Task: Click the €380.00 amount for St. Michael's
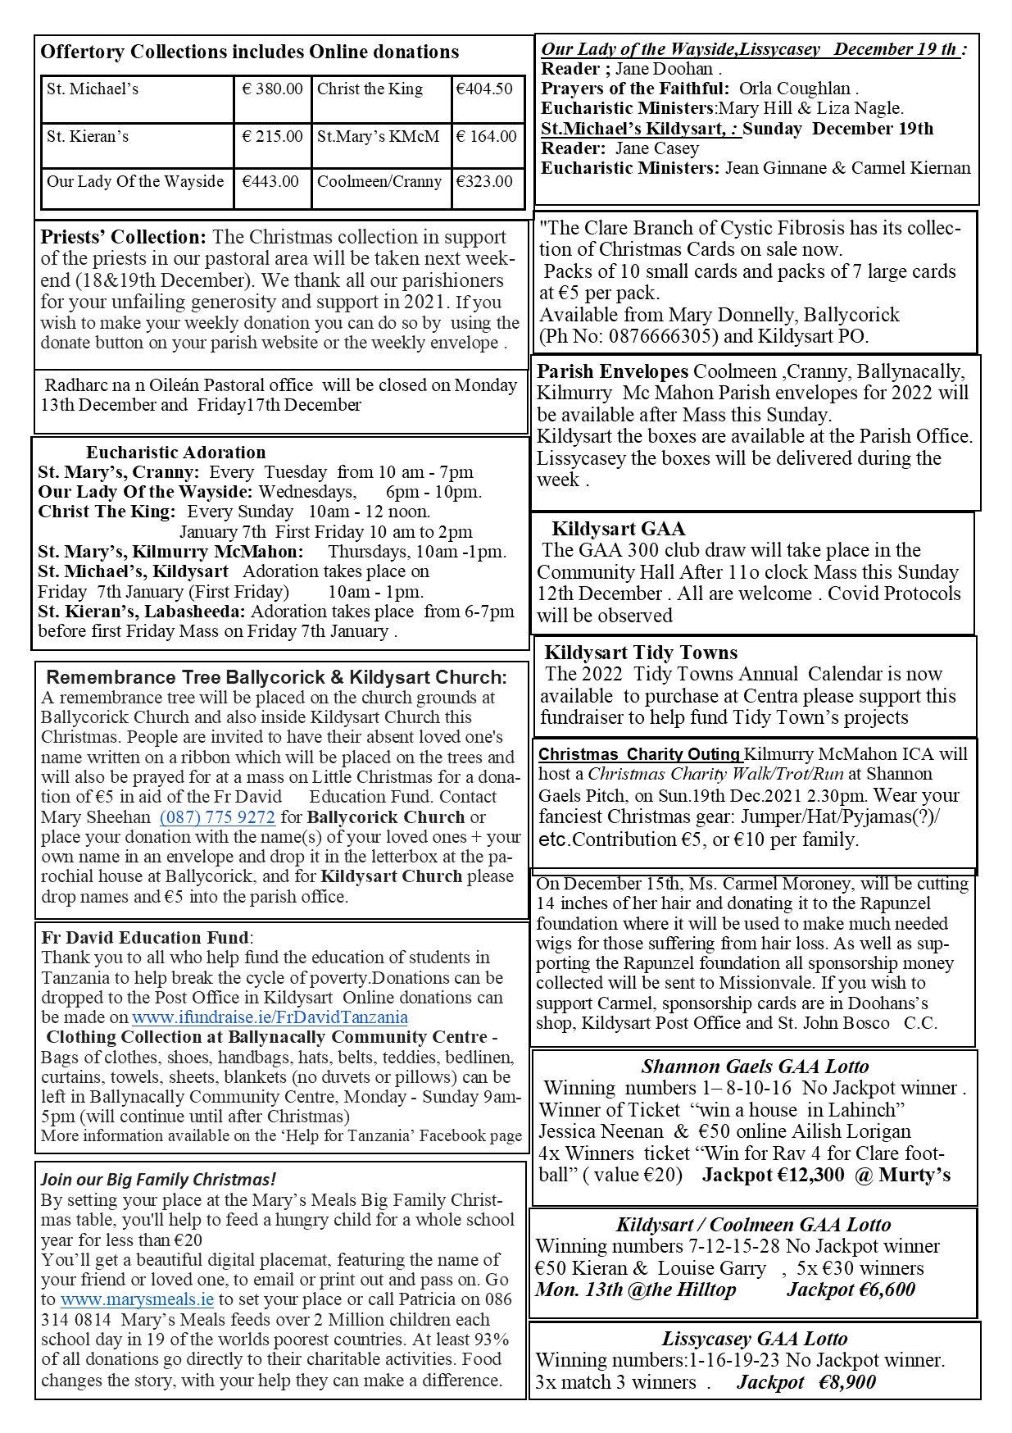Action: tap(272, 89)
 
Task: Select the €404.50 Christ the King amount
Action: tap(484, 89)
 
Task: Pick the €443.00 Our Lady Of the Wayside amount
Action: tap(270, 181)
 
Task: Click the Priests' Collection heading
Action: tap(124, 237)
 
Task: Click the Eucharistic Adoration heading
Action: tap(175, 453)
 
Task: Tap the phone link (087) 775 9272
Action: tap(217, 817)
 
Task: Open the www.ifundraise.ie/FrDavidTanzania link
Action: tap(270, 1017)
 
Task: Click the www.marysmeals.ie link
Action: tap(137, 1299)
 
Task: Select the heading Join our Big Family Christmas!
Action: tap(158, 1180)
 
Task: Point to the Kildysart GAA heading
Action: tap(618, 529)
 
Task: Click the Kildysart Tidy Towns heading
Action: tap(641, 653)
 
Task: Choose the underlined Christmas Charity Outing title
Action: tap(639, 754)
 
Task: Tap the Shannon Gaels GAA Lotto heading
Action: tap(755, 1067)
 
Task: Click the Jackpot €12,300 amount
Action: tap(774, 1175)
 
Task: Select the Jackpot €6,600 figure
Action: tap(851, 1290)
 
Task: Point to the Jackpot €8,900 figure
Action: tap(806, 1382)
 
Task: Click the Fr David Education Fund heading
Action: tap(144, 938)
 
